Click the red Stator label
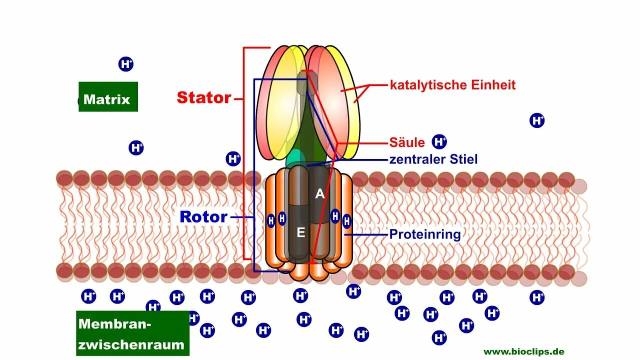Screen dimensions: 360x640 pyautogui.click(x=203, y=97)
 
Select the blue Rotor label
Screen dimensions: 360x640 pyautogui.click(x=203, y=217)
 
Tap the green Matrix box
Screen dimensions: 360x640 pyautogui.click(x=108, y=97)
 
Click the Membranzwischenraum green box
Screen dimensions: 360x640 pyautogui.click(x=132, y=333)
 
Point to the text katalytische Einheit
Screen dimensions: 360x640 pyautogui.click(x=452, y=85)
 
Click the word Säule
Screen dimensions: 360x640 pyautogui.click(x=407, y=142)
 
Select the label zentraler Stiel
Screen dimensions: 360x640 pyautogui.click(x=433, y=159)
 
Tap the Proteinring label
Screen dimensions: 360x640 pyautogui.click(x=424, y=233)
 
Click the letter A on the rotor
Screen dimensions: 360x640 pyautogui.click(x=319, y=194)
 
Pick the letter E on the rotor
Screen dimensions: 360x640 pyautogui.click(x=300, y=232)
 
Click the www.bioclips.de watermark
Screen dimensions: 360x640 pyautogui.click(x=523, y=351)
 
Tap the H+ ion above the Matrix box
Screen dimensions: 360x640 pyautogui.click(x=126, y=64)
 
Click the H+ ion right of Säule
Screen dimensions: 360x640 pyautogui.click(x=439, y=142)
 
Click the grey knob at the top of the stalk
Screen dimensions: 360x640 pyautogui.click(x=302, y=83)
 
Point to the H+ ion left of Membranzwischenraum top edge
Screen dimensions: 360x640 pyautogui.click(x=89, y=296)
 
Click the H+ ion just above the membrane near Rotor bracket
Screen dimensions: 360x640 pyautogui.click(x=233, y=159)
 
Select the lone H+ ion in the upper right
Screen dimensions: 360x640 pyautogui.click(x=537, y=120)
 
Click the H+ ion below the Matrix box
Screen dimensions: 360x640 pyautogui.click(x=136, y=148)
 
